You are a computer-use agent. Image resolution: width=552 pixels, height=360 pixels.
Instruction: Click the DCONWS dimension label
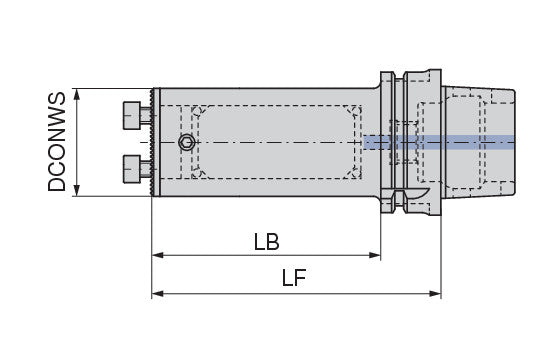(x=57, y=141)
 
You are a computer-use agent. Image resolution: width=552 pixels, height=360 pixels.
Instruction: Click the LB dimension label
(x=266, y=242)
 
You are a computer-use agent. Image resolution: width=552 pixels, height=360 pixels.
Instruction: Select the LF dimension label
(x=294, y=278)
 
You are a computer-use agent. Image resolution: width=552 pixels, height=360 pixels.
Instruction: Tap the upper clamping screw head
(x=132, y=115)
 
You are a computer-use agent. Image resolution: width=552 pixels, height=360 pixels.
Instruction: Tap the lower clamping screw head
(x=132, y=169)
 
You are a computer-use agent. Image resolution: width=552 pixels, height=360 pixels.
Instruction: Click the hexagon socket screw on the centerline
(x=186, y=143)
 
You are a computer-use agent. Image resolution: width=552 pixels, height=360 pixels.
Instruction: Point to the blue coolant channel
(x=439, y=142)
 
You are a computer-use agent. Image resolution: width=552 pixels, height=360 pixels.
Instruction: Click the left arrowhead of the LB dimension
(x=157, y=255)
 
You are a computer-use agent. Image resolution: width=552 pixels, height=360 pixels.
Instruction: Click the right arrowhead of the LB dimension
(x=375, y=255)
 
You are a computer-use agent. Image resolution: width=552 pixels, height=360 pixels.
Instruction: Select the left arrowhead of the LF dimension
(x=157, y=293)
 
